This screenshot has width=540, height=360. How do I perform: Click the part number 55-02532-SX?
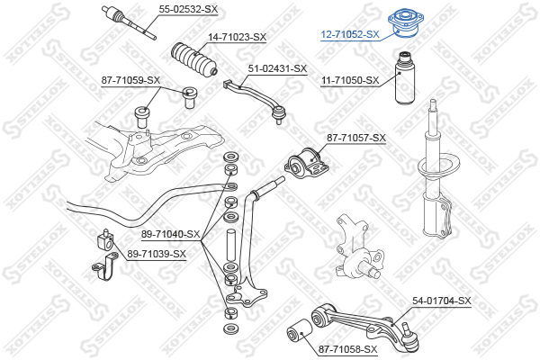point(188,9)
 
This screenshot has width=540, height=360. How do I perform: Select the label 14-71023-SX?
point(237,37)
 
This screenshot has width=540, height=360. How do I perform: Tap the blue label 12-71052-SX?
point(350,34)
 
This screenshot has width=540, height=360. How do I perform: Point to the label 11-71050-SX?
point(350,80)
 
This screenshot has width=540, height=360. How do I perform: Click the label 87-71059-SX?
point(130,80)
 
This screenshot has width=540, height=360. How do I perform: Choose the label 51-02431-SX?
point(277,68)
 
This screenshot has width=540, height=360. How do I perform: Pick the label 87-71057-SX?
point(356,138)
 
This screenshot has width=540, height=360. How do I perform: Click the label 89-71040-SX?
point(170,234)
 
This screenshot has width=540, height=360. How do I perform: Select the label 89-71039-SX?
point(157,254)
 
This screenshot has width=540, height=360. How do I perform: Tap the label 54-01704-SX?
point(442,301)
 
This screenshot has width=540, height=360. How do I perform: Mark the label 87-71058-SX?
point(347,349)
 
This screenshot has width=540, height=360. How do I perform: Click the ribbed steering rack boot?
point(193,59)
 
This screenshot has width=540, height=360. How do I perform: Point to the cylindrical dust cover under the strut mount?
point(404,79)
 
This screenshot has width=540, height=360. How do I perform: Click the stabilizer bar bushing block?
point(105,238)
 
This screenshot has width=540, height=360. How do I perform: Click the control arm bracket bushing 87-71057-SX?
point(307,163)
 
